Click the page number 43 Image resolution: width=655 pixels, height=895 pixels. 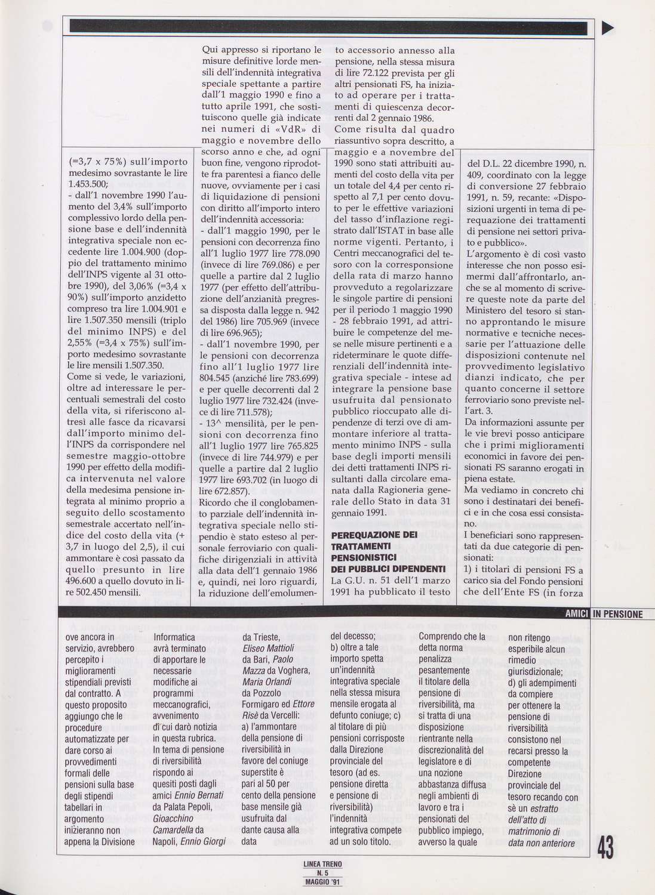tap(605, 847)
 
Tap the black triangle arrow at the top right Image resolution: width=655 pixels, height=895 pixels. tap(608, 27)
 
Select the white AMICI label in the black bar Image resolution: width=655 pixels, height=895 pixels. tap(577, 614)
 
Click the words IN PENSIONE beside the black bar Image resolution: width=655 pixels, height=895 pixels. tap(618, 614)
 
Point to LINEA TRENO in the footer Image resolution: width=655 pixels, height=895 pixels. tap(322, 863)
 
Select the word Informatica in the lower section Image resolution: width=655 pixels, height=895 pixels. tap(174, 637)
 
